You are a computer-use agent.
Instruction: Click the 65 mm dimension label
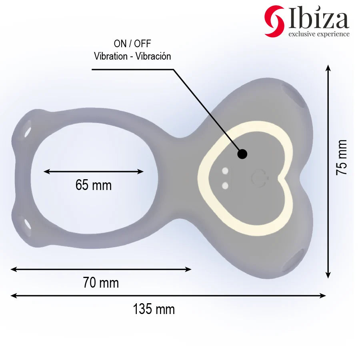point(93,185)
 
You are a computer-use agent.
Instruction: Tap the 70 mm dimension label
point(101,283)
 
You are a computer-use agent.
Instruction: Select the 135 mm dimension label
point(154,309)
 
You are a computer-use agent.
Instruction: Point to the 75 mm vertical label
point(342,157)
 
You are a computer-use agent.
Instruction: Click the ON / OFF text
point(132,44)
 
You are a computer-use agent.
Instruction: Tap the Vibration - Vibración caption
point(132,56)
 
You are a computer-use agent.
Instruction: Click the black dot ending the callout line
point(242,154)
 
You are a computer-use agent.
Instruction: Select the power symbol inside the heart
point(258,177)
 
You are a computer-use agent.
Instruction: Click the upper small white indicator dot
point(225,172)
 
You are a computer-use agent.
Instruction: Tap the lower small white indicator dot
point(225,185)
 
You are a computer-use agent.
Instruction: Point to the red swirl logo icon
point(274,21)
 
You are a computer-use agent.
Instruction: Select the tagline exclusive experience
point(319,34)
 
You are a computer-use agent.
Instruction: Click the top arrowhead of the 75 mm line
point(328,68)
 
